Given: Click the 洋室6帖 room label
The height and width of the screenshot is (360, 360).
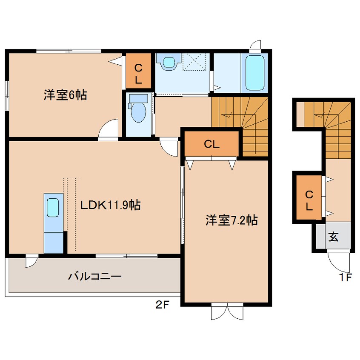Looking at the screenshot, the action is click(x=66, y=95).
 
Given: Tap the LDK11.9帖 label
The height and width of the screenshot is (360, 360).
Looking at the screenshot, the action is click(x=110, y=205).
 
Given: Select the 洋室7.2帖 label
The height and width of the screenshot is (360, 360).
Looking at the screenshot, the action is click(x=231, y=220).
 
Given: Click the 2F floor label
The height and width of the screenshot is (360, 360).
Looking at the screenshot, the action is click(x=162, y=305).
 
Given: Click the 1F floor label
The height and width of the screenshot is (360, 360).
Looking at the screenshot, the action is click(x=346, y=278).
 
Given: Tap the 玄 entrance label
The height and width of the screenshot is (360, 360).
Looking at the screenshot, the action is click(x=333, y=237).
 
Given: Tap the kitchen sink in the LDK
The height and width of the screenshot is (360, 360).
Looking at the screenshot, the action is click(x=53, y=208).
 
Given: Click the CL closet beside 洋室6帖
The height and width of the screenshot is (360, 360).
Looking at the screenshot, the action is click(x=138, y=71).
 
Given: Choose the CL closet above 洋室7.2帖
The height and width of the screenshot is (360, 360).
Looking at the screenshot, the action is click(x=211, y=144).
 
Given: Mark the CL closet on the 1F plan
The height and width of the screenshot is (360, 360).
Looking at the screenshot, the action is click(x=309, y=198).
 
